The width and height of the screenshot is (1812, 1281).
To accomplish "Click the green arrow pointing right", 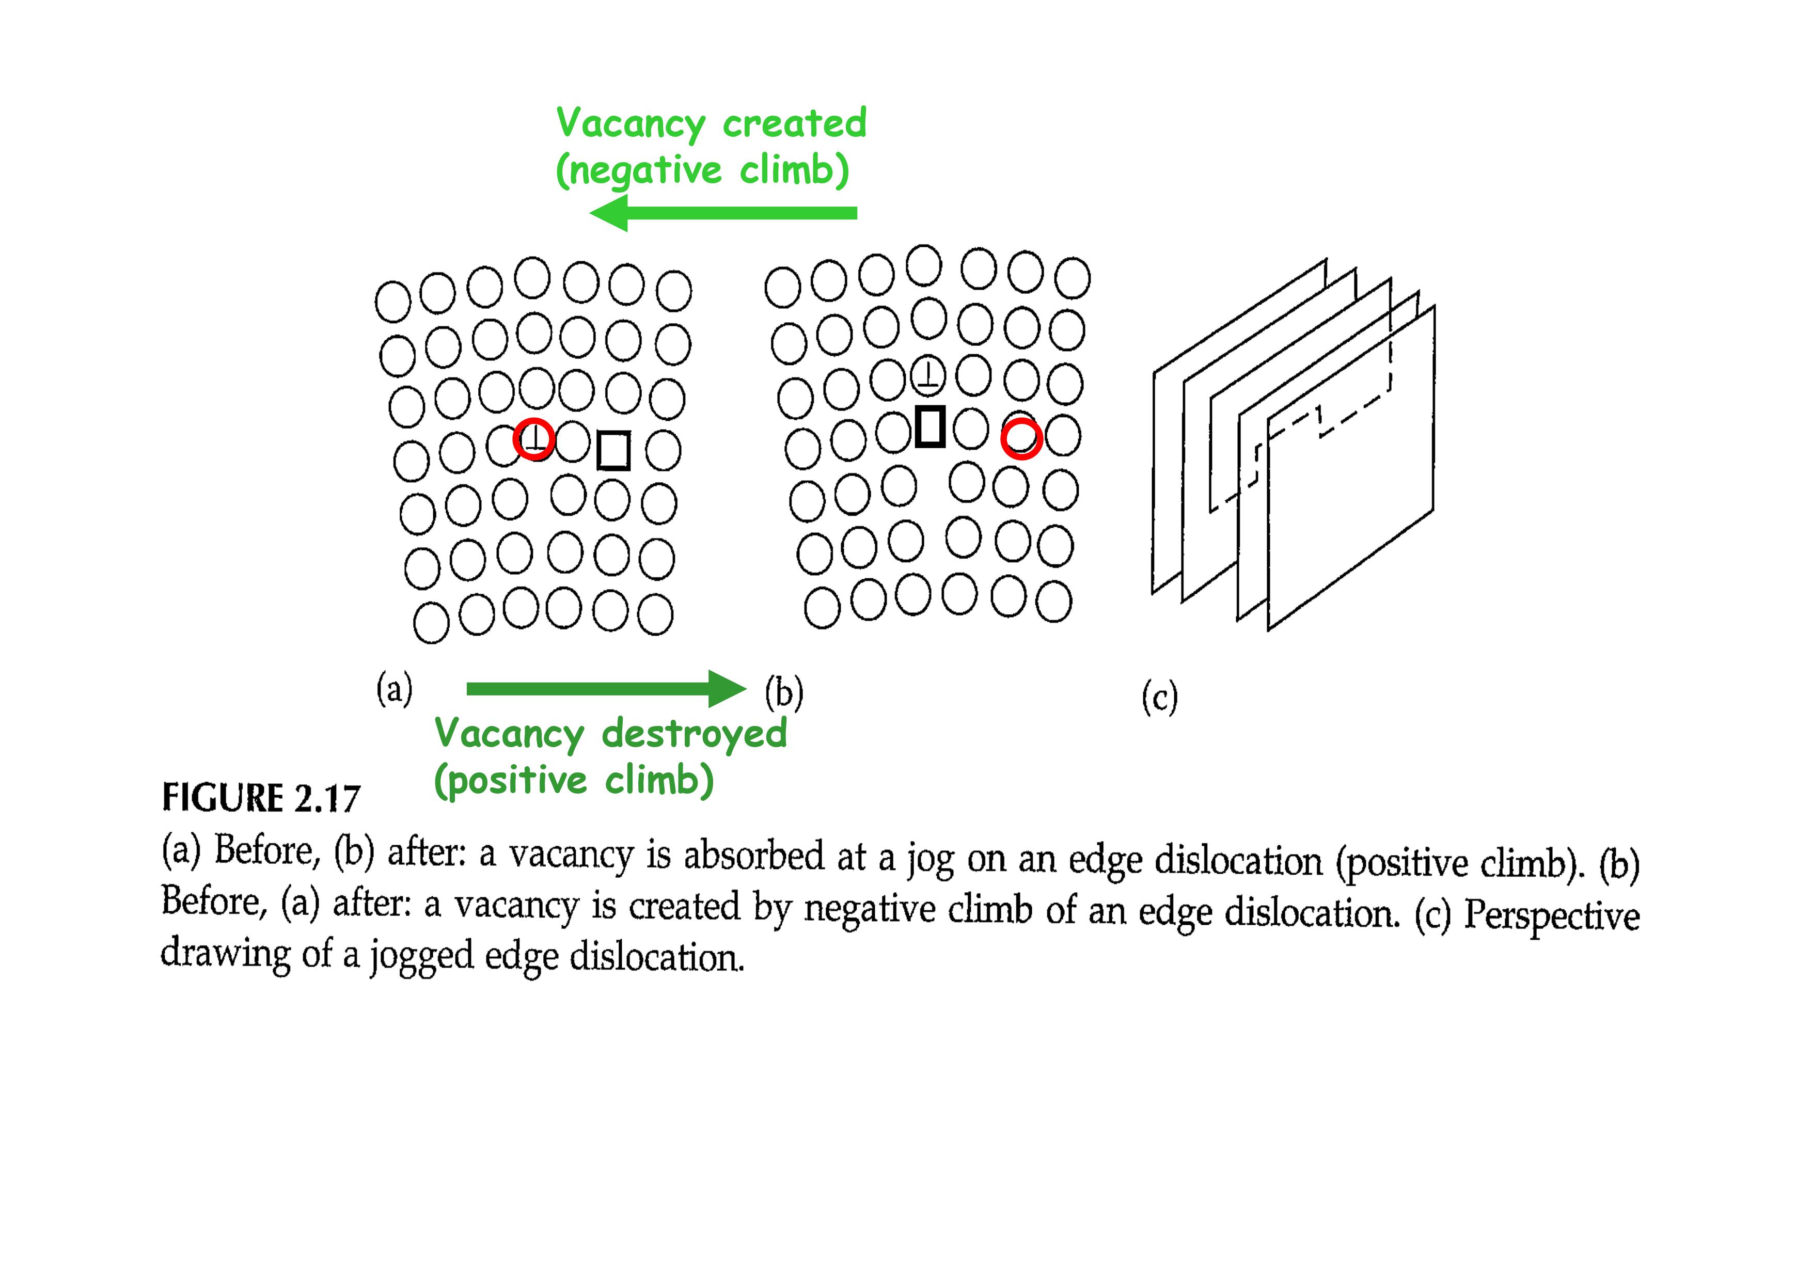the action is click(x=606, y=689).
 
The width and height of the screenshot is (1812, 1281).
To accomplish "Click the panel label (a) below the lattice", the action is click(x=395, y=689).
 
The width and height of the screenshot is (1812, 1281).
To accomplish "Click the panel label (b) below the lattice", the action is click(x=784, y=693).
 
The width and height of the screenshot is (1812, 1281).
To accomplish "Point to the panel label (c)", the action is click(x=1159, y=698).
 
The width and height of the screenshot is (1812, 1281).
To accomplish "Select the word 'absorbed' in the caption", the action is click(x=754, y=856).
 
